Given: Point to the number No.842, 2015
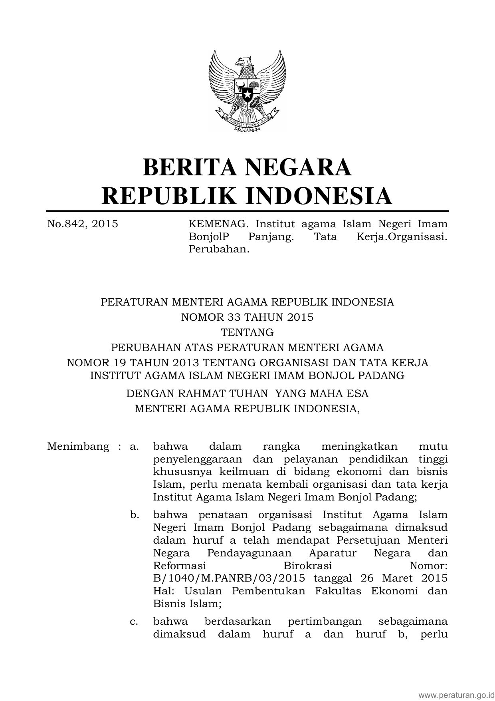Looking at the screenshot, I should [x=83, y=224].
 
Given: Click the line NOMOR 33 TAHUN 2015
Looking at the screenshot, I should [x=247, y=317].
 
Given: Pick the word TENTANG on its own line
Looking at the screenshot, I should [x=247, y=332].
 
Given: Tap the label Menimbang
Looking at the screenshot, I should [x=78, y=446].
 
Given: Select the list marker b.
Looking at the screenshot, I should [x=135, y=515].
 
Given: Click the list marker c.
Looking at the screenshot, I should [x=134, y=622].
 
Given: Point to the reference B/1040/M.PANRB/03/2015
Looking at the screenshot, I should [x=229, y=578].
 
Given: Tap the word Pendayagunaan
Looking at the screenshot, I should [x=249, y=553].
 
